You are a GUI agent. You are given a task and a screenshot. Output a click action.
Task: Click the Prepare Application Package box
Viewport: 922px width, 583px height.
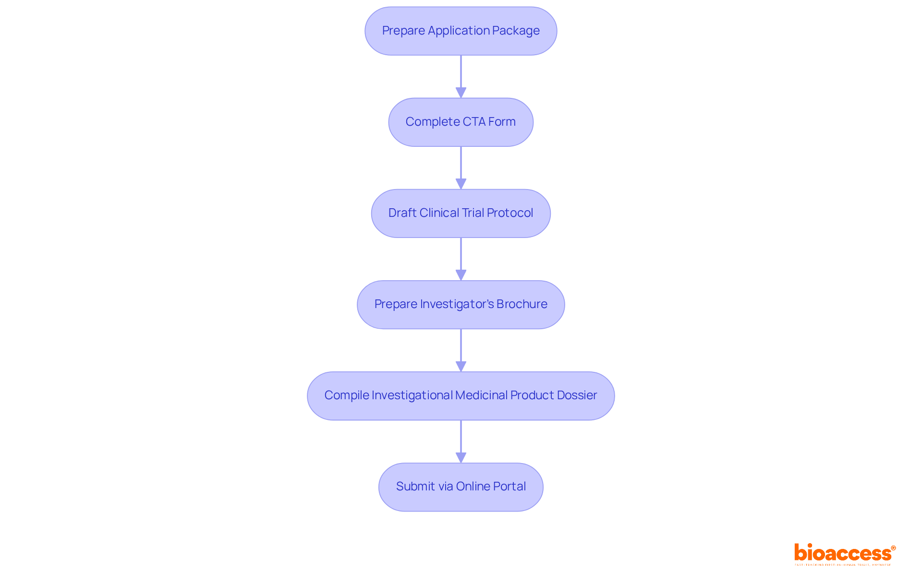point(461,31)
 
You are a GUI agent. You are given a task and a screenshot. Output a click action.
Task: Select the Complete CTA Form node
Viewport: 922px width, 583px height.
point(461,122)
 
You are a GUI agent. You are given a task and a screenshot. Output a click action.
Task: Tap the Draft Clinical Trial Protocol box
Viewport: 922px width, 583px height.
point(461,214)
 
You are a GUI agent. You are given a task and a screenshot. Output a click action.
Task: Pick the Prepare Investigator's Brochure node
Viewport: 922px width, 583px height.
point(461,305)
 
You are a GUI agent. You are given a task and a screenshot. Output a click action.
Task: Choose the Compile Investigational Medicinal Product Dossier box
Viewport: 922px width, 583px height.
point(461,396)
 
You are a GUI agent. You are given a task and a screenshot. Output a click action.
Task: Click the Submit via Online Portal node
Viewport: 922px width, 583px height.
point(461,487)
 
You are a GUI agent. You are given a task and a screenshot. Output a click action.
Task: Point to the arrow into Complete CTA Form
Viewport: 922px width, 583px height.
point(461,77)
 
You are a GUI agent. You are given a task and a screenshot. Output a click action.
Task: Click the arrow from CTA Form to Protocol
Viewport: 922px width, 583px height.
point(461,168)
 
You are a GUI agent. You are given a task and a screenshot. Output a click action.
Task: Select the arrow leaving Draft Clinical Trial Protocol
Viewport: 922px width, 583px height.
point(461,259)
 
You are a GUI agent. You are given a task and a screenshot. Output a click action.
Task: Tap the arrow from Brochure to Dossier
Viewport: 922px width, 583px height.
point(461,350)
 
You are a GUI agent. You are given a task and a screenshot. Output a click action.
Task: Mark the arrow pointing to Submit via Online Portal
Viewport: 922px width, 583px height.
point(461,441)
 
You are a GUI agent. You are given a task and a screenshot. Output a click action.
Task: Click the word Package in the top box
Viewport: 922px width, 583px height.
point(519,31)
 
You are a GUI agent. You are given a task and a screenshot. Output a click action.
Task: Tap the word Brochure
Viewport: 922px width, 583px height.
point(522,304)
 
